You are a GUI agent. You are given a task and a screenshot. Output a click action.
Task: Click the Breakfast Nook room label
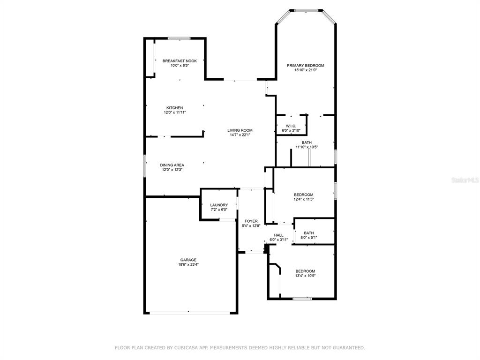(180, 61)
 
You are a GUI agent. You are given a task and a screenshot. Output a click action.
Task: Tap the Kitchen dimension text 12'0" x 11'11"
(175, 112)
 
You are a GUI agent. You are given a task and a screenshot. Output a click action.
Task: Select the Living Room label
(240, 130)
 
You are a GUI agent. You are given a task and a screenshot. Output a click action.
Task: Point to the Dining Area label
(172, 165)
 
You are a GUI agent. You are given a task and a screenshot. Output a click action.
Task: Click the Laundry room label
(219, 205)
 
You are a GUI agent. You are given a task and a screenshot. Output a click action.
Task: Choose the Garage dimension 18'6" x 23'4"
(188, 264)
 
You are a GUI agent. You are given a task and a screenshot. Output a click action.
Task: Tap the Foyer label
(251, 221)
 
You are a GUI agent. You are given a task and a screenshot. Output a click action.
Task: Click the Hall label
(278, 235)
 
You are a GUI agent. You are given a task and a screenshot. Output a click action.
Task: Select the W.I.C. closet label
(291, 126)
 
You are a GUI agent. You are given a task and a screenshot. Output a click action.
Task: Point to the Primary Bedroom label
(306, 66)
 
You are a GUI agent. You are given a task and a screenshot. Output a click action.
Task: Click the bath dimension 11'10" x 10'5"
(307, 147)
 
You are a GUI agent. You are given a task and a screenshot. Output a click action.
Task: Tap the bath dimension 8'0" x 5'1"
(308, 237)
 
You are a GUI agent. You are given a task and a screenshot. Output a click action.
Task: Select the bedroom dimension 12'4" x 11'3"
(304, 199)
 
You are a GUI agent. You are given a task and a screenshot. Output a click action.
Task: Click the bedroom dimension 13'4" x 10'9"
(305, 276)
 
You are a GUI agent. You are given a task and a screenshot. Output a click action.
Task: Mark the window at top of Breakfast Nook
(179, 38)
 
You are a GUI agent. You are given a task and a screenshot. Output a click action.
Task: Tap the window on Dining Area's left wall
(145, 165)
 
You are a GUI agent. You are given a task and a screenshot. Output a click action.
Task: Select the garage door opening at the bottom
(190, 313)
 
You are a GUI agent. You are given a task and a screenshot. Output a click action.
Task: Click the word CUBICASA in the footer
(187, 347)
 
